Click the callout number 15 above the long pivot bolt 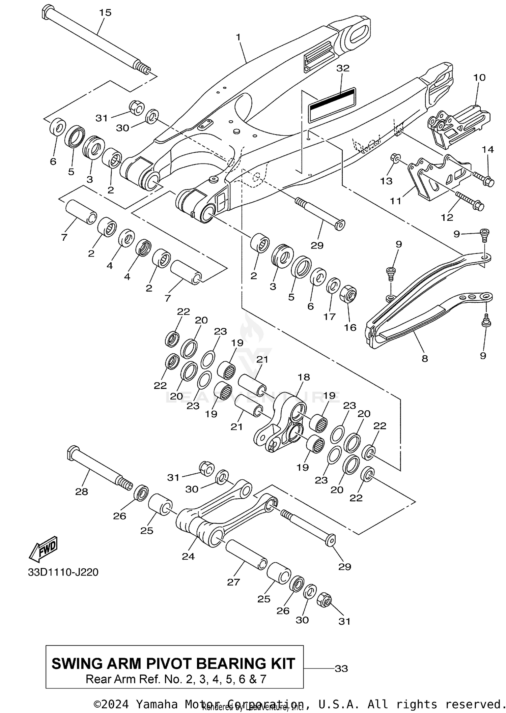click(105, 13)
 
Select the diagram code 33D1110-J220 click(63, 572)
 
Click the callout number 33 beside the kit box click(341, 668)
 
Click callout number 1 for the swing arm click(238, 37)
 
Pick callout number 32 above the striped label click(343, 68)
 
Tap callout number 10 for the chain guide click(479, 78)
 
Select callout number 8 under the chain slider click(425, 358)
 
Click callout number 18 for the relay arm click(304, 377)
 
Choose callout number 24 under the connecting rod click(188, 556)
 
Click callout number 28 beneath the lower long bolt click(82, 492)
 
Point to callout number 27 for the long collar click(233, 582)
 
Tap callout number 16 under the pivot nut click(350, 327)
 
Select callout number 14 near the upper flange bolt click(487, 149)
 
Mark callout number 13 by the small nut click(386, 181)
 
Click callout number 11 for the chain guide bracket click(395, 201)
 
